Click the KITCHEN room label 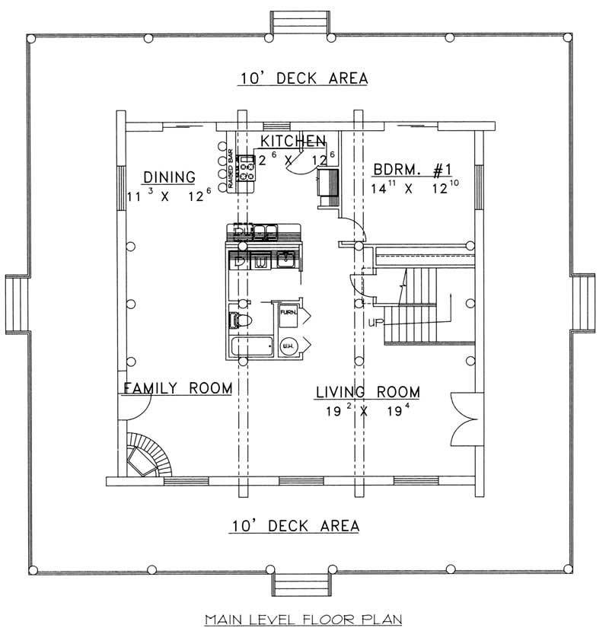point(294,141)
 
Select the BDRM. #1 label point(411,170)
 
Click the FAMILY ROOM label point(177,388)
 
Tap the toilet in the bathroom point(239,320)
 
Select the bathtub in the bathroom point(251,348)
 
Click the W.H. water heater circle point(289,347)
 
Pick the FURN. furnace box point(288,314)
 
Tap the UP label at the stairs point(375,323)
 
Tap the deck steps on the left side point(16,304)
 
